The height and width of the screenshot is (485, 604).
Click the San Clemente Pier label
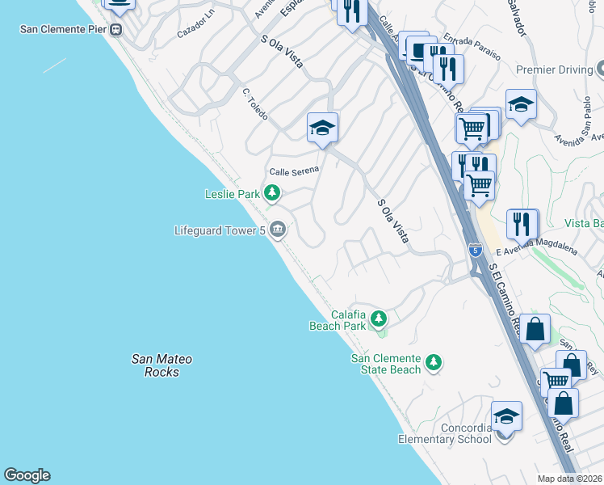click(64, 29)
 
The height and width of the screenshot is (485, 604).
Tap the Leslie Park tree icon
click(273, 193)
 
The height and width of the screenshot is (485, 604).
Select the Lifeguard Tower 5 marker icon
click(277, 230)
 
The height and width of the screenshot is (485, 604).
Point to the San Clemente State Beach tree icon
click(434, 363)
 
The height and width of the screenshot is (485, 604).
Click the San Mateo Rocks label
click(161, 365)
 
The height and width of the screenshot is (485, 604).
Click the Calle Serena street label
click(294, 171)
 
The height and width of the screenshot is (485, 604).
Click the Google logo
click(27, 475)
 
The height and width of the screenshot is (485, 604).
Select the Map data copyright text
click(570, 479)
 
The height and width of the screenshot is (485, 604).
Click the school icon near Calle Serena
click(322, 128)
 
